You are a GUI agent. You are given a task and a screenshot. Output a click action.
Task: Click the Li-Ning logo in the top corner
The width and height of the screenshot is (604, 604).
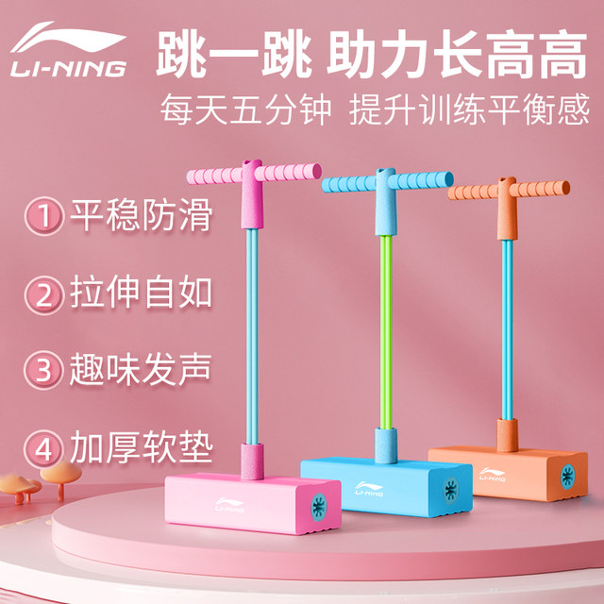69,53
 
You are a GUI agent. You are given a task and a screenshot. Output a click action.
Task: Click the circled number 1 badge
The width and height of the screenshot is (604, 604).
43,216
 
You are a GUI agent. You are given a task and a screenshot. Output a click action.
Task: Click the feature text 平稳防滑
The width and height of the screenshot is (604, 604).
141,216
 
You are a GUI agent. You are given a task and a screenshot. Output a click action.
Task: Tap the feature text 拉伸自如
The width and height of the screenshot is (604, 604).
141,294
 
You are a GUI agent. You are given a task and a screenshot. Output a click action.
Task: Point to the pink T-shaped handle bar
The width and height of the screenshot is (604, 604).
249,174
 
